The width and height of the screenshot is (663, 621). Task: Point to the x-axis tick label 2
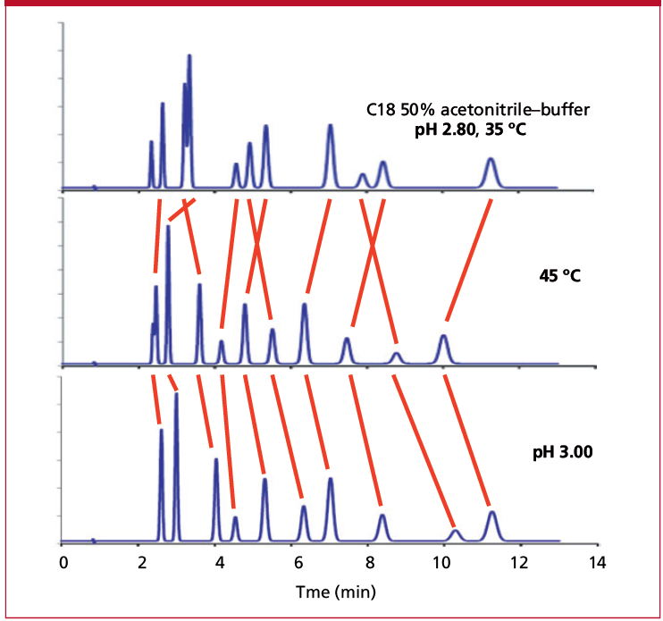(139, 564)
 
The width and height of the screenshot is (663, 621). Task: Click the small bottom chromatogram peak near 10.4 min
(456, 535)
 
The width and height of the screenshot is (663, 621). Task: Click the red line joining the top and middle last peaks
(468, 259)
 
